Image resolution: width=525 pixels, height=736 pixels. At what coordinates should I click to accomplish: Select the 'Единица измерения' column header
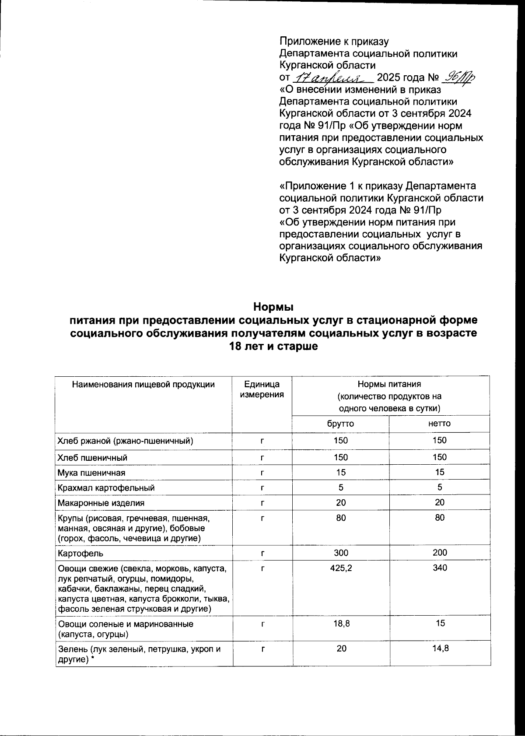click(262, 389)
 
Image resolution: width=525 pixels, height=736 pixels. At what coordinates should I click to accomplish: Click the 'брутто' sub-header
click(340, 424)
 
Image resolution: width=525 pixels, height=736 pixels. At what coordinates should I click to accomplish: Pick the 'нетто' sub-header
click(439, 424)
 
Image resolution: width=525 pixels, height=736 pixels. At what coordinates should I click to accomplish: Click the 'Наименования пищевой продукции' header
click(143, 385)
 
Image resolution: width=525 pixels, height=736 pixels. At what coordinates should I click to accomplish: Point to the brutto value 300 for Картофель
click(341, 553)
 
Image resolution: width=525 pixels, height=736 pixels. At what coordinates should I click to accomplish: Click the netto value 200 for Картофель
click(440, 553)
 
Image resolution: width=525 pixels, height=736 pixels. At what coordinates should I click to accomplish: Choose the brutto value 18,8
click(341, 623)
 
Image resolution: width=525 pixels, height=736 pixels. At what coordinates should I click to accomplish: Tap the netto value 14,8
click(440, 648)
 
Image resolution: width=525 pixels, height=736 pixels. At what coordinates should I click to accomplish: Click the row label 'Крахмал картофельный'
click(106, 487)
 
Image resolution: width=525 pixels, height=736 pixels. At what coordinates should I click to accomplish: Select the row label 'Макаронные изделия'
click(101, 503)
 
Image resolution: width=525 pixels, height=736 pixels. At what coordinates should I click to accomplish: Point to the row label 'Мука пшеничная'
click(91, 473)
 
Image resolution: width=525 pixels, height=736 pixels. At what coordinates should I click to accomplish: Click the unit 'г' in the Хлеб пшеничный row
click(262, 458)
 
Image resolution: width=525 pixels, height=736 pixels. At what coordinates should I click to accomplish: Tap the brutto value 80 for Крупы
click(341, 518)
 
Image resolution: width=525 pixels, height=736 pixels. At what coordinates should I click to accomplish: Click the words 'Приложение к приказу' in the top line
click(334, 42)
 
